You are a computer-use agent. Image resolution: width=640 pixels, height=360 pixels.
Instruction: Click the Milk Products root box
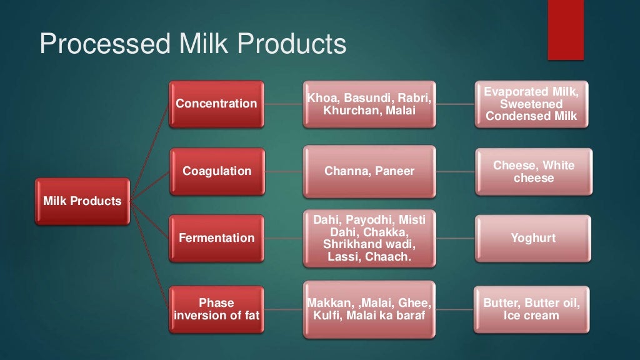(82, 201)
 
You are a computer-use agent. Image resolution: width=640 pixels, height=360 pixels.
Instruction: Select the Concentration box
(216, 104)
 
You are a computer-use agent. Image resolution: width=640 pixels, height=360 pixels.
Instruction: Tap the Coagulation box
(216, 171)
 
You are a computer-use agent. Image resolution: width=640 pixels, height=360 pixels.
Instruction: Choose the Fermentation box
(216, 238)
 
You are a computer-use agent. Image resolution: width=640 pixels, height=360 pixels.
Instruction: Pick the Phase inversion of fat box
(216, 309)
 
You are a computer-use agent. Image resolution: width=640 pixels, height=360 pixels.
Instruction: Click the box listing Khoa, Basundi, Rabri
(369, 104)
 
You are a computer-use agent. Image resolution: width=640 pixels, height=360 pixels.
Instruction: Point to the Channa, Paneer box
(369, 171)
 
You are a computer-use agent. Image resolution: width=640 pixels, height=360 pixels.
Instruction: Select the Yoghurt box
(533, 238)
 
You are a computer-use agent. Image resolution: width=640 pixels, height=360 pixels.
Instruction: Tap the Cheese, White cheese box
(533, 172)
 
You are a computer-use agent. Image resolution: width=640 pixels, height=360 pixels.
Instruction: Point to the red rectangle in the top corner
(566, 30)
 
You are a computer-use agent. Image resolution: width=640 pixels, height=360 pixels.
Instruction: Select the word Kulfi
(327, 316)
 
